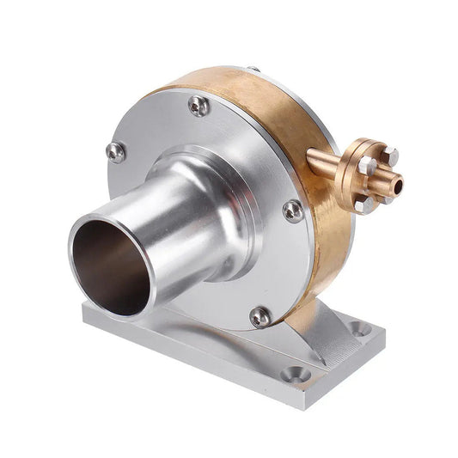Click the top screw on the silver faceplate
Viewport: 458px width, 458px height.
198,106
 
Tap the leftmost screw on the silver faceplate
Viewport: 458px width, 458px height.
115,152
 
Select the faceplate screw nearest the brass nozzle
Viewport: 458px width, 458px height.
293,211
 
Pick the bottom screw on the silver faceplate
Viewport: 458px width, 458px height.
260,317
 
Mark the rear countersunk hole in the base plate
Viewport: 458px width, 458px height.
360,327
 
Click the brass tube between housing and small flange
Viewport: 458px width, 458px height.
327,161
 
